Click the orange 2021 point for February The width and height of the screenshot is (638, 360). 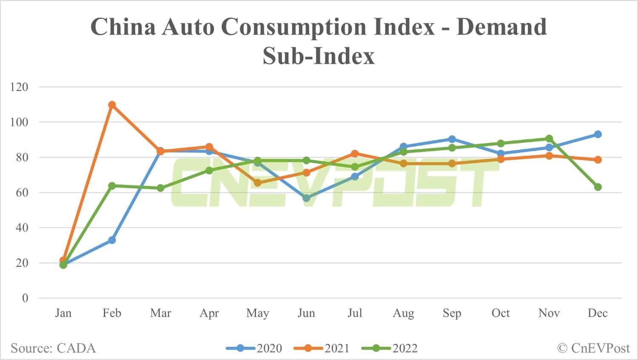pyautogui.click(x=112, y=105)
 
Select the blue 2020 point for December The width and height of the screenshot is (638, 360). pyautogui.click(x=598, y=134)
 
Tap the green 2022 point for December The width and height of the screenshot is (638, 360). pyautogui.click(x=598, y=187)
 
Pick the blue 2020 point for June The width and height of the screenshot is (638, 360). pyautogui.click(x=306, y=198)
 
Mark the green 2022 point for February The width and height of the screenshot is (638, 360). pyautogui.click(x=112, y=186)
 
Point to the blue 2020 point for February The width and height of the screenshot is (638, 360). pyautogui.click(x=112, y=240)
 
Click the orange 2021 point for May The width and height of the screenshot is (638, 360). pyautogui.click(x=258, y=183)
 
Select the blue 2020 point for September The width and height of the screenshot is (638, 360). pyautogui.click(x=452, y=139)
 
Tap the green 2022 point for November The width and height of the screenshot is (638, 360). pyautogui.click(x=549, y=139)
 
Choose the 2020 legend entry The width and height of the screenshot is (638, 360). pyautogui.click(x=254, y=348)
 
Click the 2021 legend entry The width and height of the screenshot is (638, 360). pyautogui.click(x=322, y=348)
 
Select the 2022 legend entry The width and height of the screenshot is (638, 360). pyautogui.click(x=390, y=348)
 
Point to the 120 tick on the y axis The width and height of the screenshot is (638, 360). pyautogui.click(x=19, y=87)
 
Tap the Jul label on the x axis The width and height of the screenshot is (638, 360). pyautogui.click(x=355, y=313)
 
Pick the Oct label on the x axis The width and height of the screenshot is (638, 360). pyautogui.click(x=501, y=313)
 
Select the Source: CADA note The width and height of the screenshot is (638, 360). pyautogui.click(x=53, y=348)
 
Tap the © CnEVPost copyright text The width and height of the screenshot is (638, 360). pyautogui.click(x=593, y=348)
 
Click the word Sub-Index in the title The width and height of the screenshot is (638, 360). pyautogui.click(x=319, y=56)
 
